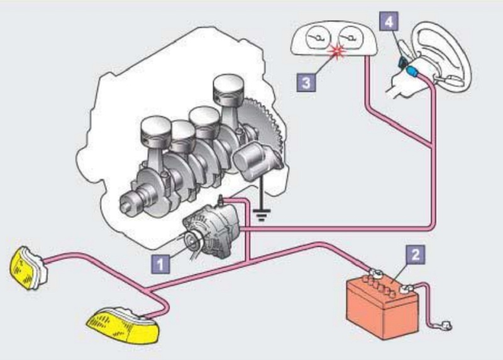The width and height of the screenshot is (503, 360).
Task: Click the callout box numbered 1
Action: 161,264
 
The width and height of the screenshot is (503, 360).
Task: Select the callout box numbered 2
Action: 416,254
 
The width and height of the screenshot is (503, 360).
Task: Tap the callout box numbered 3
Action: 306,82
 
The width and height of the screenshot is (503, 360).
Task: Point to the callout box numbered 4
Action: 389,21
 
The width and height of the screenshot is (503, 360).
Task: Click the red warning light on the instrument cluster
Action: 336,52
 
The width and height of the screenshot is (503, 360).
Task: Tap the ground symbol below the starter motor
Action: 262,214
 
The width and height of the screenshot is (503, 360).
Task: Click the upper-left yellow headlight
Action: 28,268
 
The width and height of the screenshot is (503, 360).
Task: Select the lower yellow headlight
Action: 123,326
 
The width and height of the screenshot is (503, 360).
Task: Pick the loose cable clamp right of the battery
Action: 445,325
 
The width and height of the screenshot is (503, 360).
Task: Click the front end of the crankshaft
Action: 128,205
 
